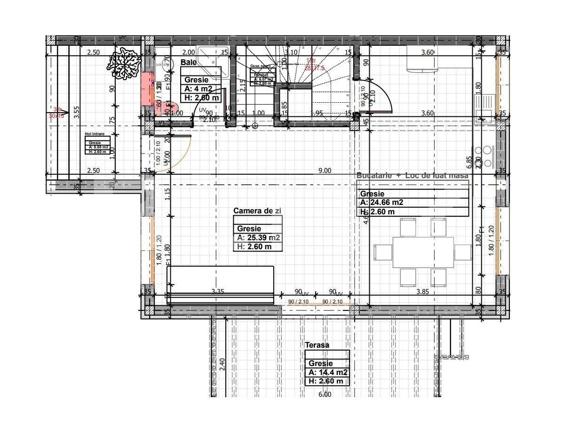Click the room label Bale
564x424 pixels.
click(x=189, y=62)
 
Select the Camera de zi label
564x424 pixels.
click(x=257, y=211)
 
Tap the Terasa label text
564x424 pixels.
click(x=317, y=345)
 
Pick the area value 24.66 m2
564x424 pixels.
click(x=381, y=203)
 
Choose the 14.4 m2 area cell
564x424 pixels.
click(x=328, y=372)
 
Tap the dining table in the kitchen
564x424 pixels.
click(x=423, y=252)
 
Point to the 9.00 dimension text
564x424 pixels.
click(x=325, y=171)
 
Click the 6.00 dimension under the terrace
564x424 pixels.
click(x=325, y=394)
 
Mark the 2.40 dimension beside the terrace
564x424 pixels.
click(x=222, y=365)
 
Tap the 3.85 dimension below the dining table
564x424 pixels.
click(x=422, y=292)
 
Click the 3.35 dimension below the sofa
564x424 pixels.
click(x=218, y=292)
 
